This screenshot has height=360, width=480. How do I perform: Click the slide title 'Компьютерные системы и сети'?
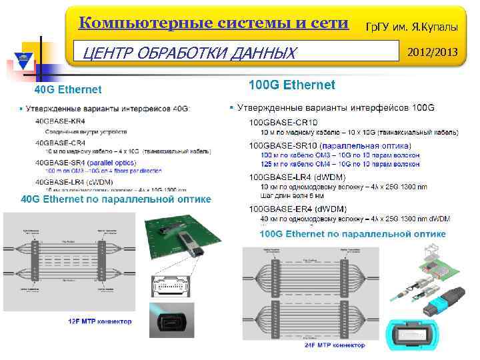(213, 23)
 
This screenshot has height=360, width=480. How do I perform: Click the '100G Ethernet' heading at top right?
(291, 85)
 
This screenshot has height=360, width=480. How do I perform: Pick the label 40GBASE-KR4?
(59, 121)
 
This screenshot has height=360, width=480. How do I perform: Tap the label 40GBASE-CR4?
(59, 142)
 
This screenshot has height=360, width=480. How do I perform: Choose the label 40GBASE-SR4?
(59, 163)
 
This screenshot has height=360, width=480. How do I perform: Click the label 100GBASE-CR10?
(283, 122)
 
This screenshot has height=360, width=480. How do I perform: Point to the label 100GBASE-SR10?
(283, 145)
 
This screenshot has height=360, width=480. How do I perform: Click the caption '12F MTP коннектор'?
(100, 321)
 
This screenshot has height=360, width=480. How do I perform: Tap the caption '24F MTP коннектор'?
(335, 345)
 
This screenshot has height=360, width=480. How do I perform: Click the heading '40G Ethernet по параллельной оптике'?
(116, 199)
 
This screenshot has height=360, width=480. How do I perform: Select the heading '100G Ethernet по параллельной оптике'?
(353, 234)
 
